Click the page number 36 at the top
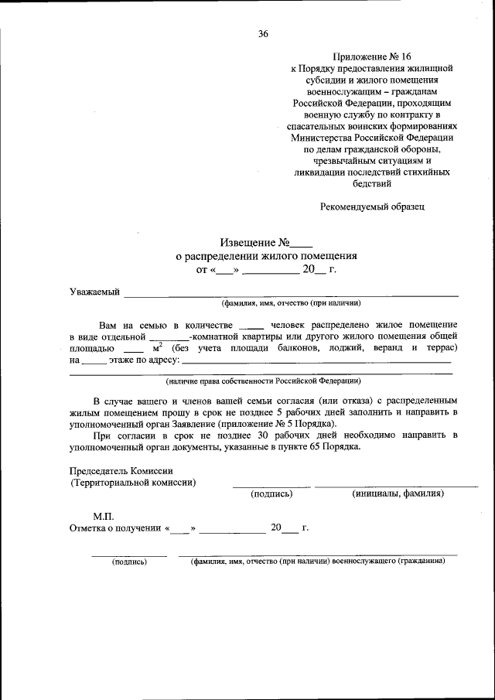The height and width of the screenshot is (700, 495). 263,34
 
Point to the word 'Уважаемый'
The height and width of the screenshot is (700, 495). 94,292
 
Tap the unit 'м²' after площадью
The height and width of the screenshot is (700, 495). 158,348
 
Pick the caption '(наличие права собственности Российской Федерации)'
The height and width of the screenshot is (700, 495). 263,381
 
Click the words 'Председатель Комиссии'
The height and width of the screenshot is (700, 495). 121,471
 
